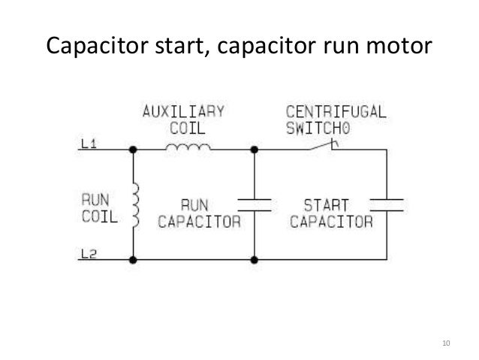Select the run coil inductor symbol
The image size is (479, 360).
pyautogui.click(x=135, y=205)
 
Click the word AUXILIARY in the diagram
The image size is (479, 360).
pyautogui.click(x=184, y=112)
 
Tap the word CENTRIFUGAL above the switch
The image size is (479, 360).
pyautogui.click(x=336, y=112)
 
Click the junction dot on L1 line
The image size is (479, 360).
pyautogui.click(x=134, y=150)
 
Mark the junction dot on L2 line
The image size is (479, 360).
pyautogui.click(x=134, y=260)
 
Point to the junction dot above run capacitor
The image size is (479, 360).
pyautogui.click(x=255, y=150)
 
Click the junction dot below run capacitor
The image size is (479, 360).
pyautogui.click(x=255, y=260)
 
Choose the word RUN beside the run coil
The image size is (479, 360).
pyautogui.click(x=95, y=202)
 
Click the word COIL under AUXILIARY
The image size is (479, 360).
pyautogui.click(x=183, y=126)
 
